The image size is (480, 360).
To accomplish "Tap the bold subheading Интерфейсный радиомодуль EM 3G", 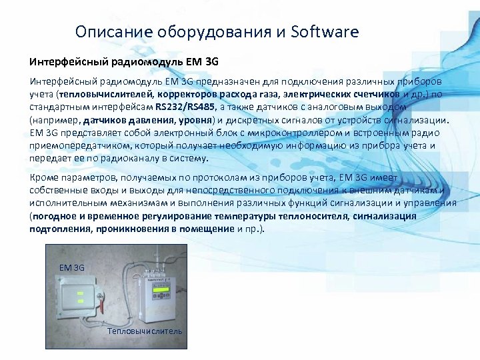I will coord(124,62).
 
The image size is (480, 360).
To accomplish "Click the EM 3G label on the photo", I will coord(71,267).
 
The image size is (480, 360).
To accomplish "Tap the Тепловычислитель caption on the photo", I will coord(144,331).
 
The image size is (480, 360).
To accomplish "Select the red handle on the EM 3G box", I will coord(102,307).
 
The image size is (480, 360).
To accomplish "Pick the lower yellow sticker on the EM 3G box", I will coord(79,301).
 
